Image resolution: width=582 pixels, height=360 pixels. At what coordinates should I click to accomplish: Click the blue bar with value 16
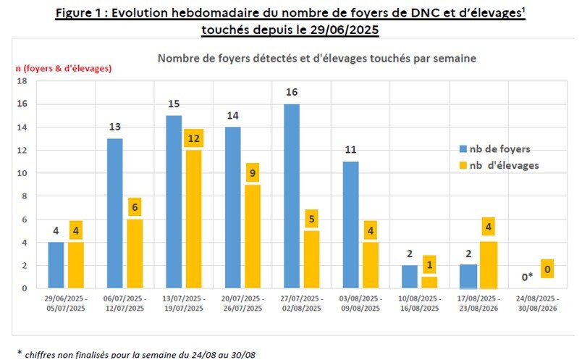click(x=291, y=196)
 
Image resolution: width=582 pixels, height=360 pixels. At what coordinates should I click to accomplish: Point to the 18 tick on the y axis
click(x=21, y=81)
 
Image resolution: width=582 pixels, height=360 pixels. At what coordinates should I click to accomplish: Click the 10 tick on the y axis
click(x=21, y=173)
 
